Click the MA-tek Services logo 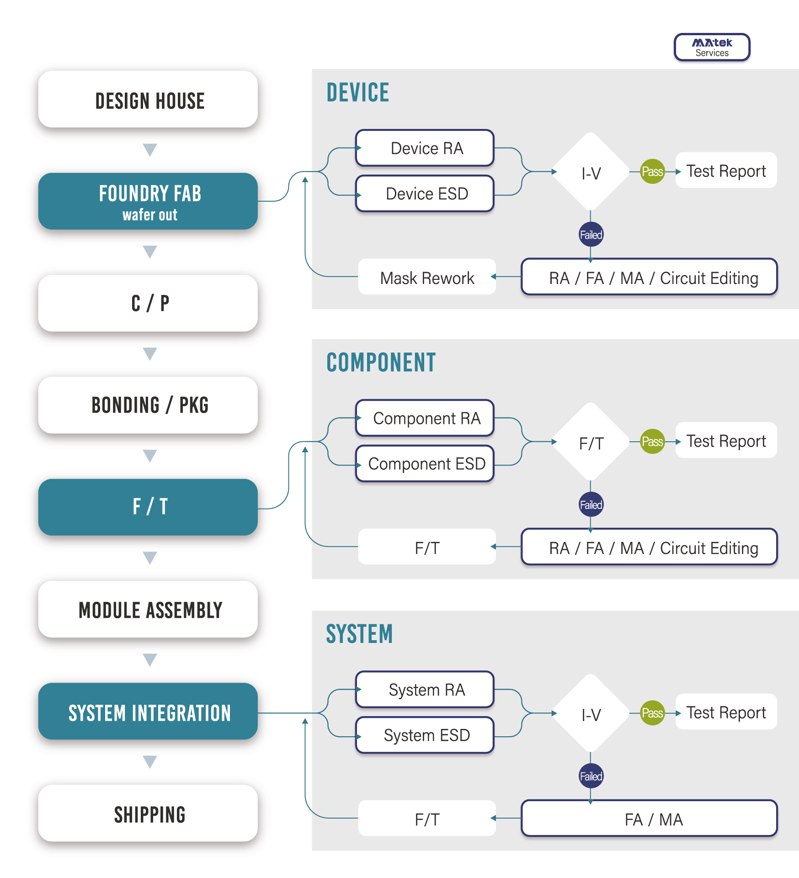712,47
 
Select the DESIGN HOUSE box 148,99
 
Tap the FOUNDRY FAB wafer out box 148,201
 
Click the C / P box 148,303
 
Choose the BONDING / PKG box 148,405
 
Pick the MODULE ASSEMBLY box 148,609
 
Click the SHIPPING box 148,813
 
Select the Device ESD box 425,193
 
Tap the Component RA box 425,418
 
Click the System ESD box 425,735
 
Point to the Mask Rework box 427,277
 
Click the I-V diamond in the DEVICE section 591,172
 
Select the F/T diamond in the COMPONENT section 591,442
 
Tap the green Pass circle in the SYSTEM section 652,713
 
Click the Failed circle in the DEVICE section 591,235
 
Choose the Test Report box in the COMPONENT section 726,440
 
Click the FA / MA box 649,818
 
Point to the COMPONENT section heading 381,363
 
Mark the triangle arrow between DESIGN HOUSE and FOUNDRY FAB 150,150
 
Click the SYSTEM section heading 359,634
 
